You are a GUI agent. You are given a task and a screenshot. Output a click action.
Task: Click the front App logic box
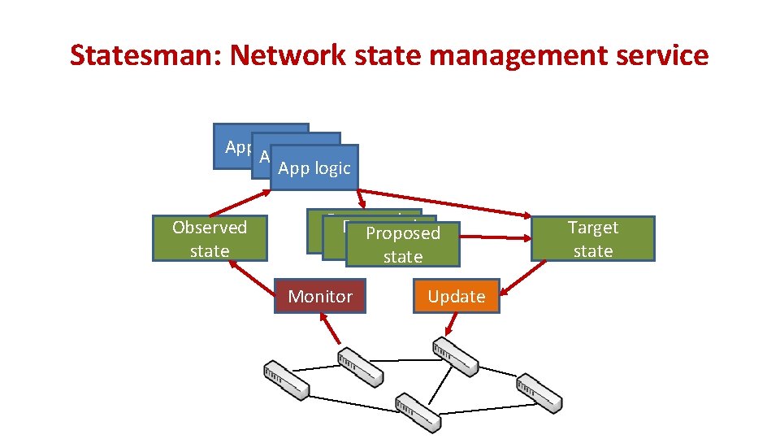click(x=314, y=168)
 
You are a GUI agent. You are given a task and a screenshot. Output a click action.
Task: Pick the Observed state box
click(x=210, y=239)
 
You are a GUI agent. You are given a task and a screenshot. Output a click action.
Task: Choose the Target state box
click(x=592, y=239)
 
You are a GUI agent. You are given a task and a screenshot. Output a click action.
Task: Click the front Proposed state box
click(x=402, y=245)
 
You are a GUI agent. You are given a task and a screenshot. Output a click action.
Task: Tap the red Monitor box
click(x=320, y=297)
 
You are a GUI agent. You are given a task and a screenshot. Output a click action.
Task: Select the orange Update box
click(x=457, y=297)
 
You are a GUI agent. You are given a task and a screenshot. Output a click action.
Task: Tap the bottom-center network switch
click(x=418, y=412)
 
